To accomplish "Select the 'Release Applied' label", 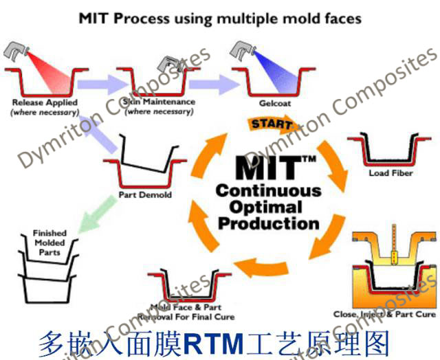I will (45, 102).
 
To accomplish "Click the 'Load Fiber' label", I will (389, 173).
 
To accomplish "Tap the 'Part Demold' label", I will (145, 194).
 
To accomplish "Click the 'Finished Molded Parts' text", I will (49, 243).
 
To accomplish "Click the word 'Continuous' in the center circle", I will (268, 190).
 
